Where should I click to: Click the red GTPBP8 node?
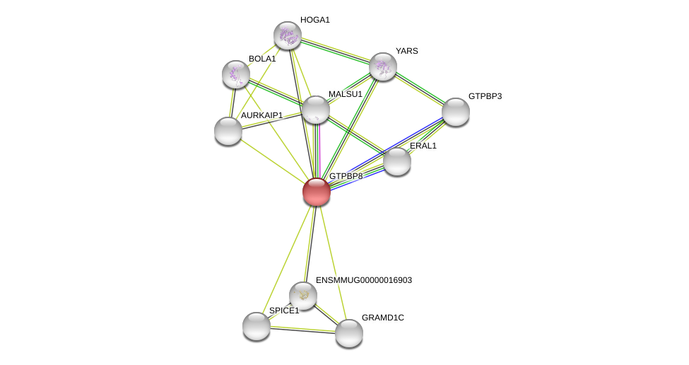pyautogui.click(x=316, y=192)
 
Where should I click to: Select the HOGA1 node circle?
pyautogui.click(x=288, y=35)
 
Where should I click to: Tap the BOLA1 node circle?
pyautogui.click(x=236, y=74)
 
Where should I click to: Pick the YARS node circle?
pyautogui.click(x=382, y=66)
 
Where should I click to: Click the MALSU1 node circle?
pyautogui.click(x=315, y=110)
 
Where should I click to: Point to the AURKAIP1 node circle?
pyautogui.click(x=228, y=131)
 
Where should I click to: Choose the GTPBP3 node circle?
pyautogui.click(x=456, y=112)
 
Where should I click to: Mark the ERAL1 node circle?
pyautogui.click(x=397, y=161)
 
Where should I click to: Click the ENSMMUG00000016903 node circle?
pyautogui.click(x=303, y=296)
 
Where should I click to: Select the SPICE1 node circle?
pyautogui.click(x=257, y=326)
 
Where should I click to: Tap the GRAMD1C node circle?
pyautogui.click(x=349, y=333)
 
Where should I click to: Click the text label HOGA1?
pyautogui.click(x=314, y=20)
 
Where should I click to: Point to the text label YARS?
pyautogui.click(x=406, y=51)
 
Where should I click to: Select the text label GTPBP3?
pyautogui.click(x=485, y=96)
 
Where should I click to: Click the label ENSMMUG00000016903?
pyautogui.click(x=363, y=280)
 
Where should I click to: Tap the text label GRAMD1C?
pyautogui.click(x=382, y=318)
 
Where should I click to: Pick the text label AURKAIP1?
pyautogui.click(x=261, y=115)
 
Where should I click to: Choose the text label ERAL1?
pyautogui.click(x=423, y=146)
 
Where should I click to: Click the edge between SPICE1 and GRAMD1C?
pyautogui.click(x=302, y=330)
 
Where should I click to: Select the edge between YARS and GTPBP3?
pyautogui.click(x=419, y=89)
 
